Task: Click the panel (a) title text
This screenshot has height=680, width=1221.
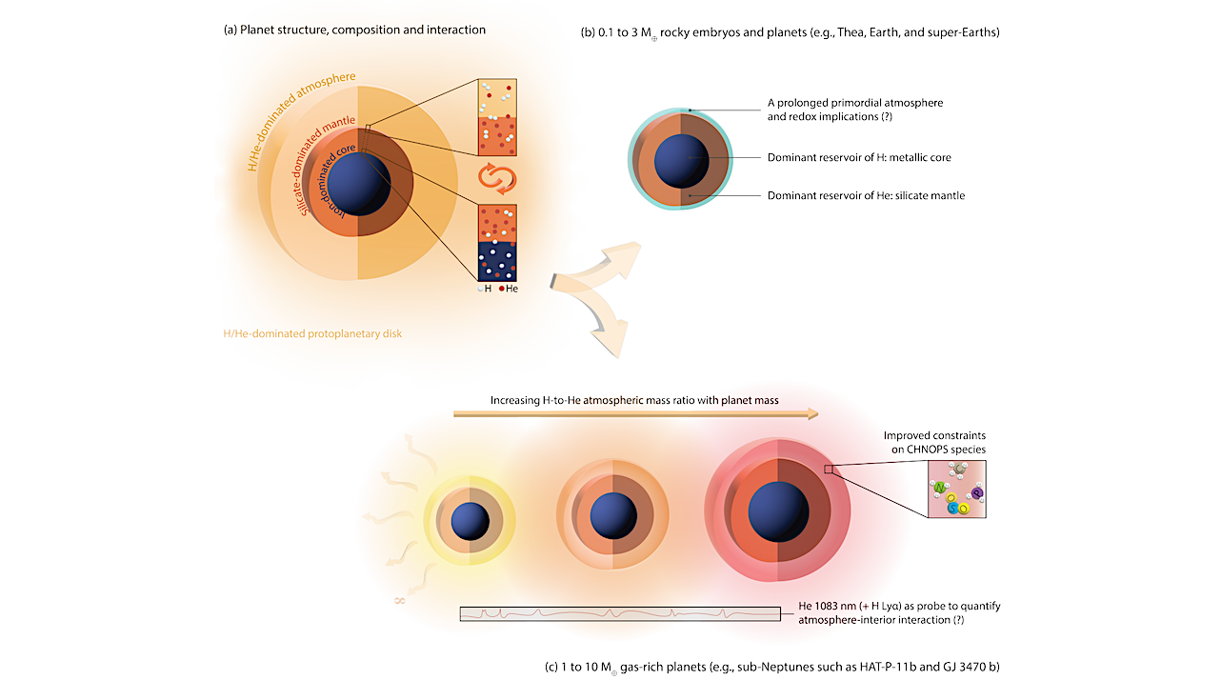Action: click(353, 30)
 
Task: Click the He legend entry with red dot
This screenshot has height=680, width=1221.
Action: click(509, 289)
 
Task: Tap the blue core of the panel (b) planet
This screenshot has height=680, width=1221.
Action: click(682, 158)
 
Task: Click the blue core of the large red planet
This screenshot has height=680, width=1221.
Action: click(778, 510)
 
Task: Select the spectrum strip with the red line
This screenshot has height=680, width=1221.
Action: click(620, 614)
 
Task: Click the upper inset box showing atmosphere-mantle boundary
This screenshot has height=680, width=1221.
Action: click(496, 117)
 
